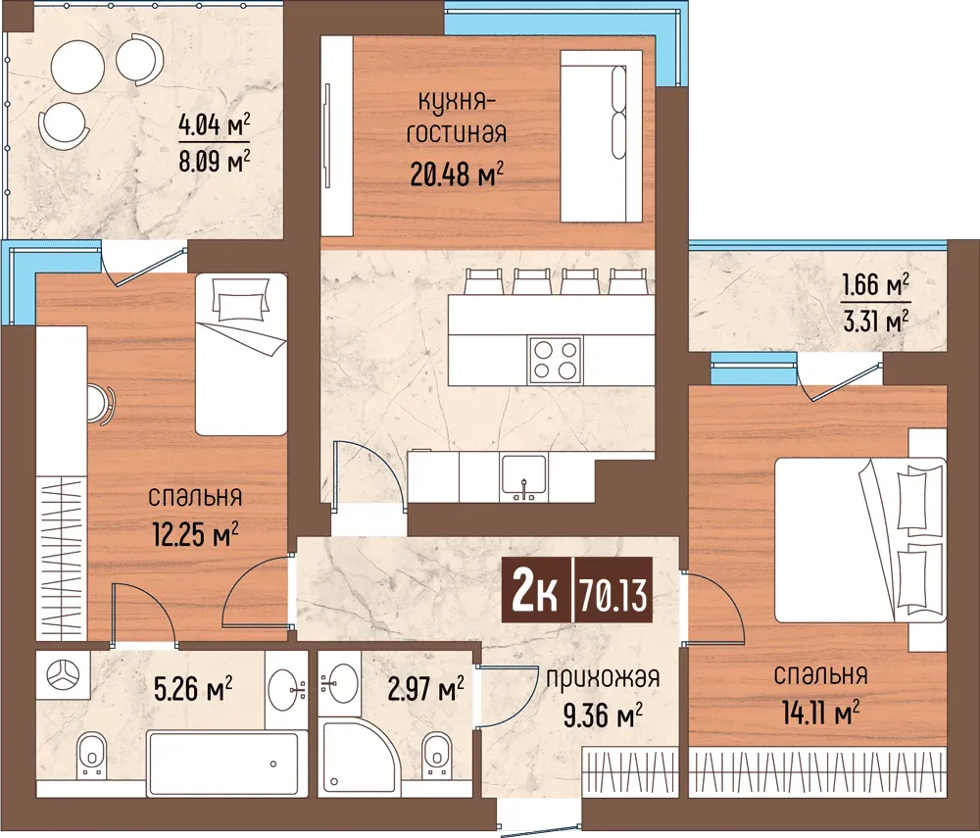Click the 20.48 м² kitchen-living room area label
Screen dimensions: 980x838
tap(457, 174)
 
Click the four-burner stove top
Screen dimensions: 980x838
tap(555, 360)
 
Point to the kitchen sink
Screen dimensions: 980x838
tap(523, 478)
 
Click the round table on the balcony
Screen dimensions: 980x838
tap(77, 66)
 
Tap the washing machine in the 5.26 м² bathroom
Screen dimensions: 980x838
tap(63, 675)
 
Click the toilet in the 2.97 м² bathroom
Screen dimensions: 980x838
tap(436, 755)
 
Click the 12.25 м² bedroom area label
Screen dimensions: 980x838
tap(196, 535)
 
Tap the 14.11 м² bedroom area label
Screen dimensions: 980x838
tap(820, 713)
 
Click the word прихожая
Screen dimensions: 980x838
tap(603, 678)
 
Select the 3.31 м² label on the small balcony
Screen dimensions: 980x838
tap(875, 322)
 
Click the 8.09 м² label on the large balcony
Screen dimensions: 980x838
tap(215, 163)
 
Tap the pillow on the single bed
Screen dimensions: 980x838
tap(241, 299)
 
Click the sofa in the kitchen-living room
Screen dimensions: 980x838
tap(602, 135)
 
